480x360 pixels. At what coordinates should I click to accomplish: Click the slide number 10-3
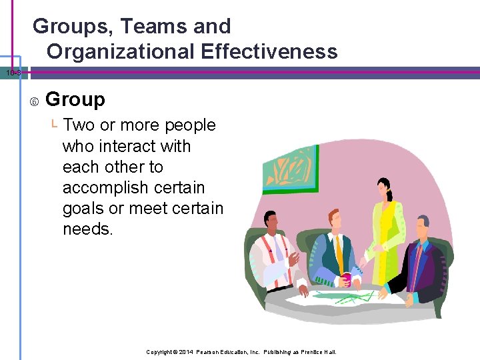tap(12, 73)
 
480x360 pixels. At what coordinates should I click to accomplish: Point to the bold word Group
tap(75, 100)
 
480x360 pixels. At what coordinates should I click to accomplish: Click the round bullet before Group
tap(33, 101)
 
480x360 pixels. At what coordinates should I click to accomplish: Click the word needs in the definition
tap(88, 229)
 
